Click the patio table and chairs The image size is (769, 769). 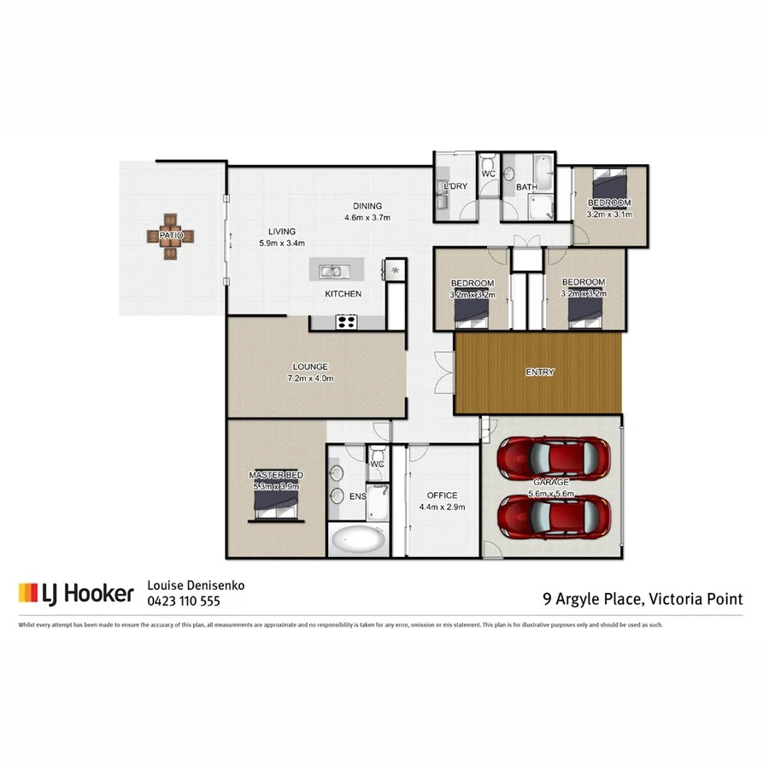click(170, 235)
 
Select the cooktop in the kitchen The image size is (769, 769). click(346, 321)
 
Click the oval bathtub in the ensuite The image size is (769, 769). click(358, 541)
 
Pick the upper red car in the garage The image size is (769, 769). click(555, 458)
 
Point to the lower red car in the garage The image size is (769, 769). click(555, 514)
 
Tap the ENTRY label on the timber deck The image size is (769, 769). click(540, 373)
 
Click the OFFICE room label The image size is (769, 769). click(442, 496)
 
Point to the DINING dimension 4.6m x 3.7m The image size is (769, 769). click(367, 217)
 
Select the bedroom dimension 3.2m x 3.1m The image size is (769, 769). click(609, 214)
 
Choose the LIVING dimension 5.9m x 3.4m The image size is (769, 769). click(282, 243)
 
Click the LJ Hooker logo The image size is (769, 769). click(76, 594)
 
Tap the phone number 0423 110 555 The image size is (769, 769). click(185, 601)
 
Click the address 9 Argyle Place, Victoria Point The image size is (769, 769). click(643, 599)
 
